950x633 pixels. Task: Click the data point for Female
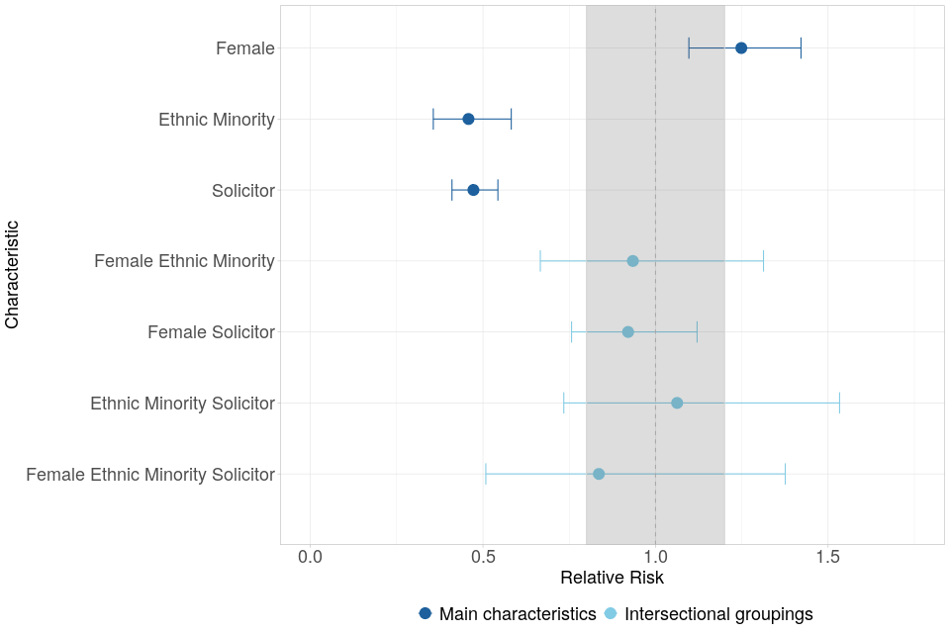click(x=740, y=47)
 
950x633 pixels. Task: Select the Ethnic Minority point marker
click(x=468, y=119)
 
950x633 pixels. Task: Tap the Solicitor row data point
click(x=473, y=190)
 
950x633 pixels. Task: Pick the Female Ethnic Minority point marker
click(x=632, y=261)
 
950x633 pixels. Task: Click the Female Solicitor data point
click(x=627, y=332)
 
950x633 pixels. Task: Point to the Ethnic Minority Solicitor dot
click(x=677, y=403)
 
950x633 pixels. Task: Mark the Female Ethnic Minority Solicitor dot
click(x=599, y=474)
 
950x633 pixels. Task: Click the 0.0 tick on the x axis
click(x=310, y=557)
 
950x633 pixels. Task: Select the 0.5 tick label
click(x=483, y=557)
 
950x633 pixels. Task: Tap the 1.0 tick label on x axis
click(x=655, y=557)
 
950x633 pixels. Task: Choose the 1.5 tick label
click(x=828, y=557)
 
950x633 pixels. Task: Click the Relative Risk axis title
click(x=612, y=578)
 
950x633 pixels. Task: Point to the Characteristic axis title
click(x=12, y=274)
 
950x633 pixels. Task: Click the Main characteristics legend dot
click(x=426, y=613)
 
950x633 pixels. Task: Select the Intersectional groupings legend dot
click(x=611, y=613)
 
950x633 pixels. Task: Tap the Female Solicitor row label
click(x=211, y=332)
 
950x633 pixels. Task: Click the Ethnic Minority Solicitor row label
click(x=182, y=404)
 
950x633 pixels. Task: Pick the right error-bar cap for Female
click(x=801, y=47)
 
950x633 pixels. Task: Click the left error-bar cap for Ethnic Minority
click(x=433, y=119)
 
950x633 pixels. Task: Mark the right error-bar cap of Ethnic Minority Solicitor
click(x=839, y=403)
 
